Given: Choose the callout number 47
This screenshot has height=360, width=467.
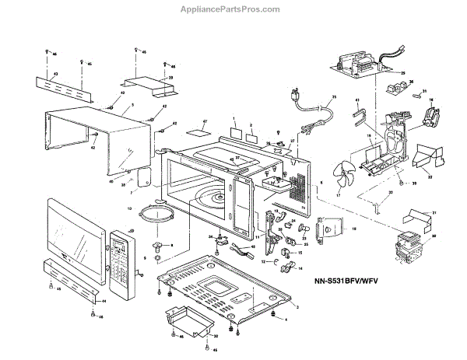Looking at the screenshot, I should point(205,123).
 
